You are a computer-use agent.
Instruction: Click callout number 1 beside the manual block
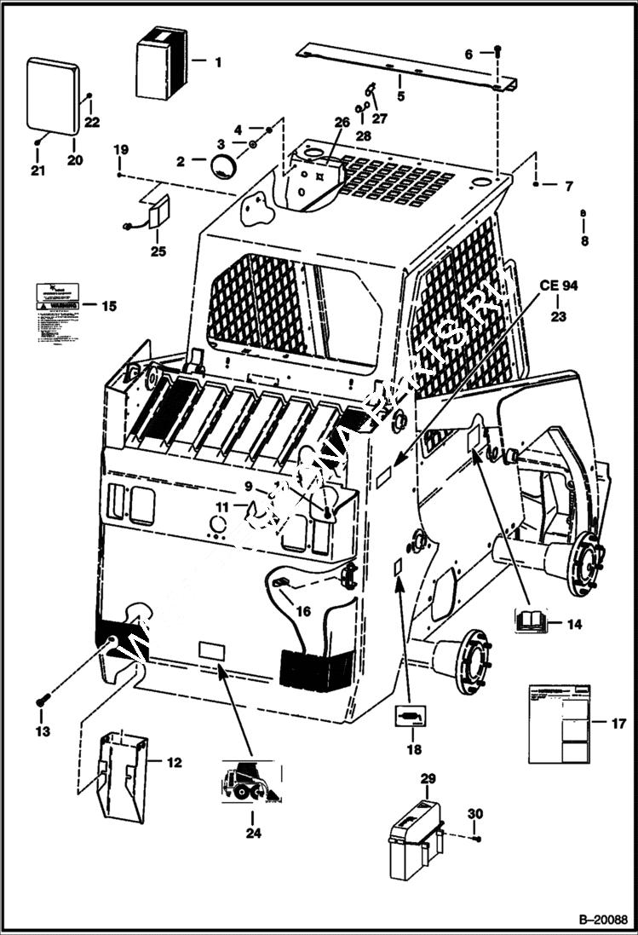[217, 61]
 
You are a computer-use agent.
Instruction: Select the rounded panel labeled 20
[53, 96]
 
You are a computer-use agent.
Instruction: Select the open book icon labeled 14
[530, 620]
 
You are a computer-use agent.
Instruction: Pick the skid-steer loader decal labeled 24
[250, 781]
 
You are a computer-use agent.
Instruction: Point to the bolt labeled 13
[42, 701]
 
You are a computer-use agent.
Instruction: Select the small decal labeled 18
[413, 717]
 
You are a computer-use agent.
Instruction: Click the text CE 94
[558, 286]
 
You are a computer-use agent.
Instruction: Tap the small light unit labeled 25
[158, 214]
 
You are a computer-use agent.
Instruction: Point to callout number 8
[583, 241]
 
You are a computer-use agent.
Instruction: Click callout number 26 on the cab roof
[342, 122]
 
